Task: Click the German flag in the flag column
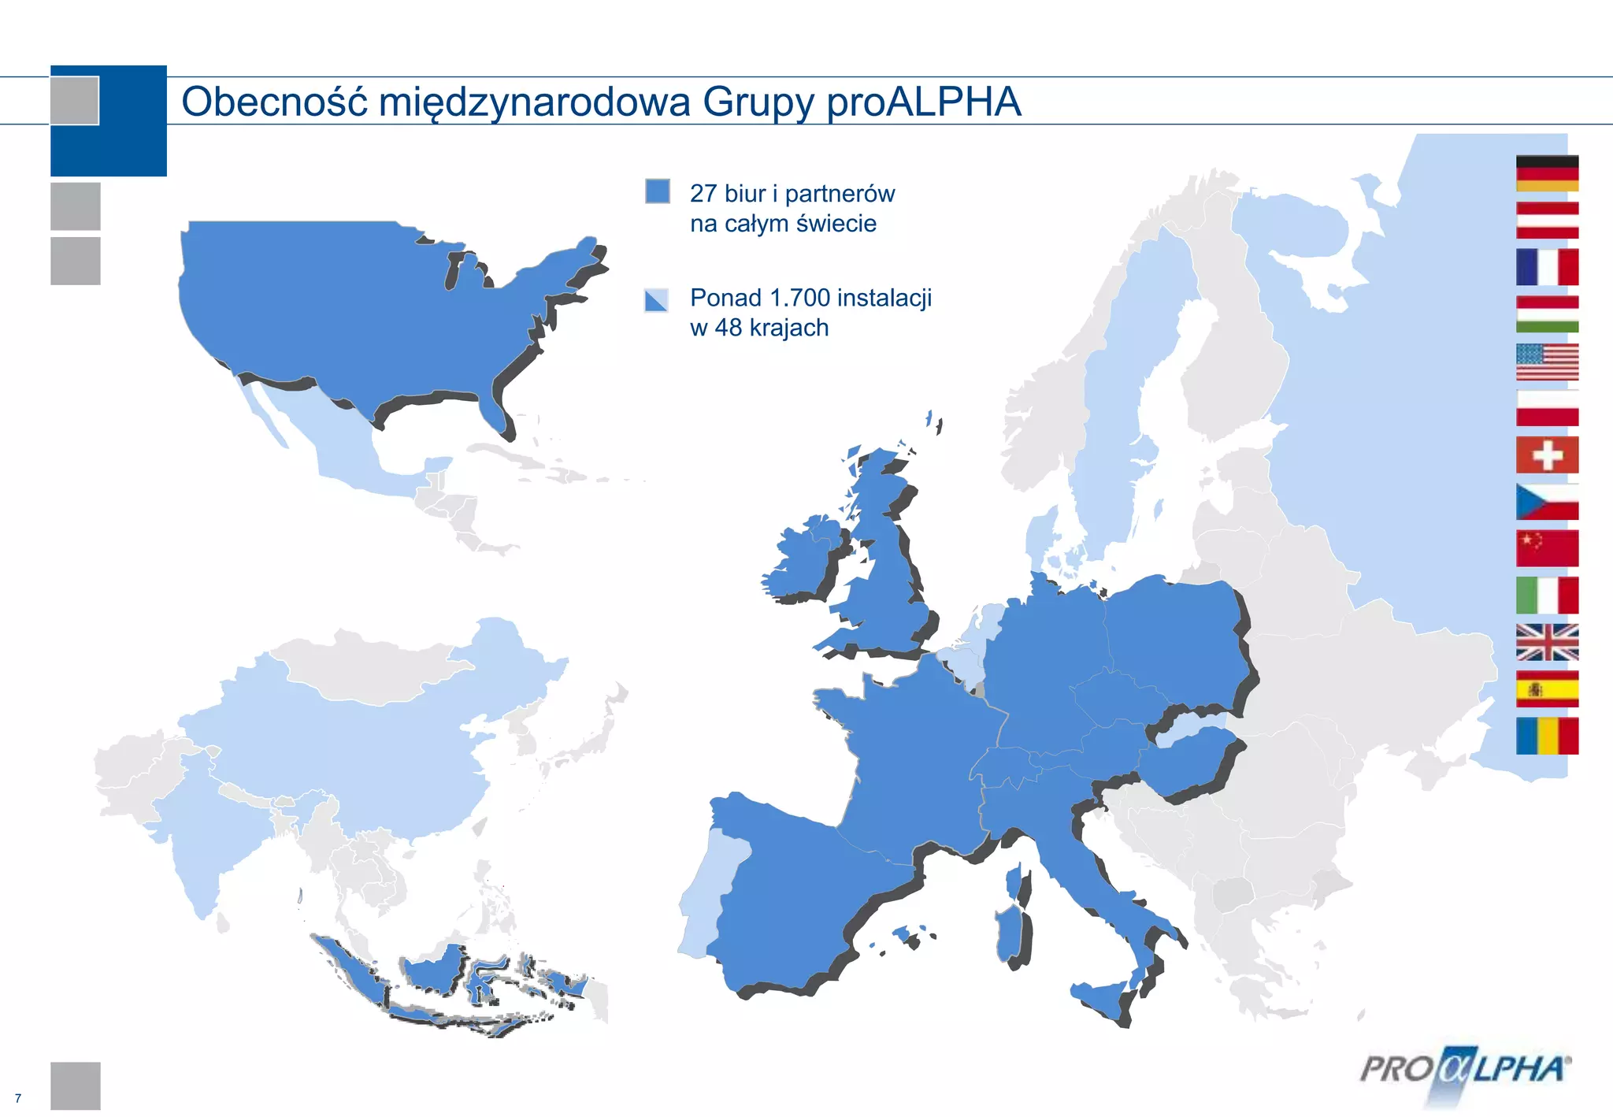[1547, 173]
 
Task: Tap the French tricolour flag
[1547, 267]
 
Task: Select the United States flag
[1547, 362]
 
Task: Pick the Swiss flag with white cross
[1547, 455]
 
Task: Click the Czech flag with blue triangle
[1547, 502]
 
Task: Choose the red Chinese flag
[1547, 548]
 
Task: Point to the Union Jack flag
[1547, 642]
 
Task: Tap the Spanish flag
[1547, 689]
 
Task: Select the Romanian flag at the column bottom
[1547, 736]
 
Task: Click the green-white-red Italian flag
[1547, 596]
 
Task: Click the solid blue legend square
[658, 191]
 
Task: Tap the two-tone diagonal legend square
[656, 300]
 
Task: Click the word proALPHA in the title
[923, 102]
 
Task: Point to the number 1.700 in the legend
[799, 298]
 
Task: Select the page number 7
[18, 1098]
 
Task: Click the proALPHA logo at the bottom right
[1465, 1070]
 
